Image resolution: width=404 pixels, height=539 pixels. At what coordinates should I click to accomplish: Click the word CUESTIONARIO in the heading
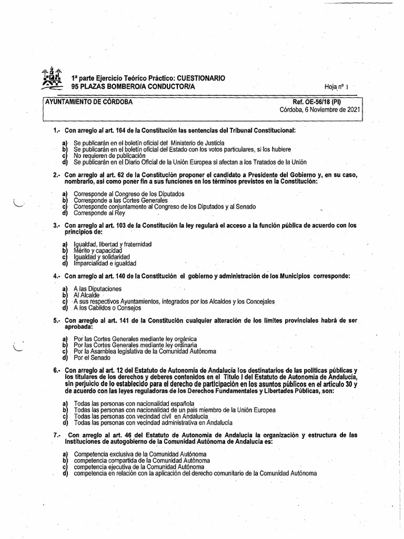(x=200, y=77)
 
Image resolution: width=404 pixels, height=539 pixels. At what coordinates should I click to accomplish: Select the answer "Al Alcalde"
(x=87, y=295)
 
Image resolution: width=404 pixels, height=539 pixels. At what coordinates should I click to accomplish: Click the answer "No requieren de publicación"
(x=109, y=156)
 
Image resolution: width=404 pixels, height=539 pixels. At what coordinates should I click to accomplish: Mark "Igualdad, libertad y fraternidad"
(x=113, y=244)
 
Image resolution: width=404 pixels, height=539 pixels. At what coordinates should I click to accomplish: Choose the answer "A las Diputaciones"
(x=98, y=288)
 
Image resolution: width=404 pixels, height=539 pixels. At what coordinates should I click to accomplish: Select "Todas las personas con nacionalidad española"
(x=130, y=403)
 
